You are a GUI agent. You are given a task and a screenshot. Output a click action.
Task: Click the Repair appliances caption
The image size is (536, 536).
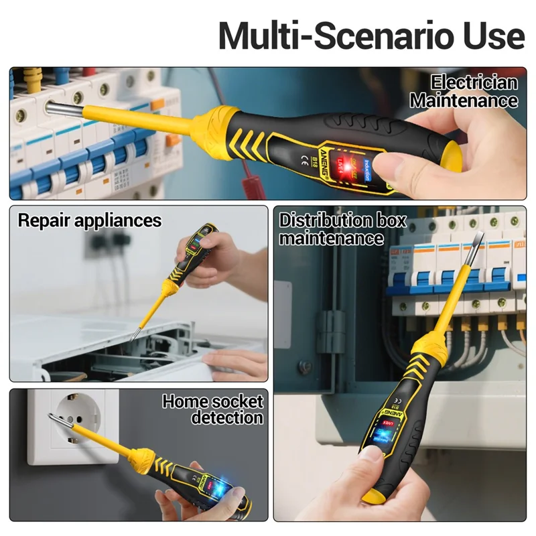coord(90,220)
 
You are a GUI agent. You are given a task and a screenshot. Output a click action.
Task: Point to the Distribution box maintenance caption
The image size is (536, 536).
coord(342,229)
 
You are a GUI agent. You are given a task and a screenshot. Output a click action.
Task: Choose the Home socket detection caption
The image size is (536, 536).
coord(213,409)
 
